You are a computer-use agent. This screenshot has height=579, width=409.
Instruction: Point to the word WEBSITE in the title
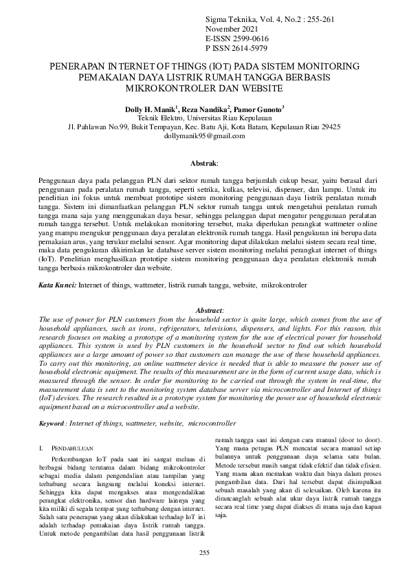(x=260, y=89)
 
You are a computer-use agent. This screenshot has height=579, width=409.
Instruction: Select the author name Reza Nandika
(x=206, y=109)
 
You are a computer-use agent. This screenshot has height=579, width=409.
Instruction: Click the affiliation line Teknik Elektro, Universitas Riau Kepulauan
(x=204, y=118)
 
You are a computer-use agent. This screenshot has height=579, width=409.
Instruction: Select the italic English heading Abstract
(x=210, y=311)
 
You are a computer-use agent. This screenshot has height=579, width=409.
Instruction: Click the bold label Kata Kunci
(x=58, y=284)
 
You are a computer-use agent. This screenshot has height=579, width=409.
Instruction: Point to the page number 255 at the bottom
(x=204, y=554)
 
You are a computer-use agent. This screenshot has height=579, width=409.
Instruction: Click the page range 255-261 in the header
(x=317, y=20)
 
